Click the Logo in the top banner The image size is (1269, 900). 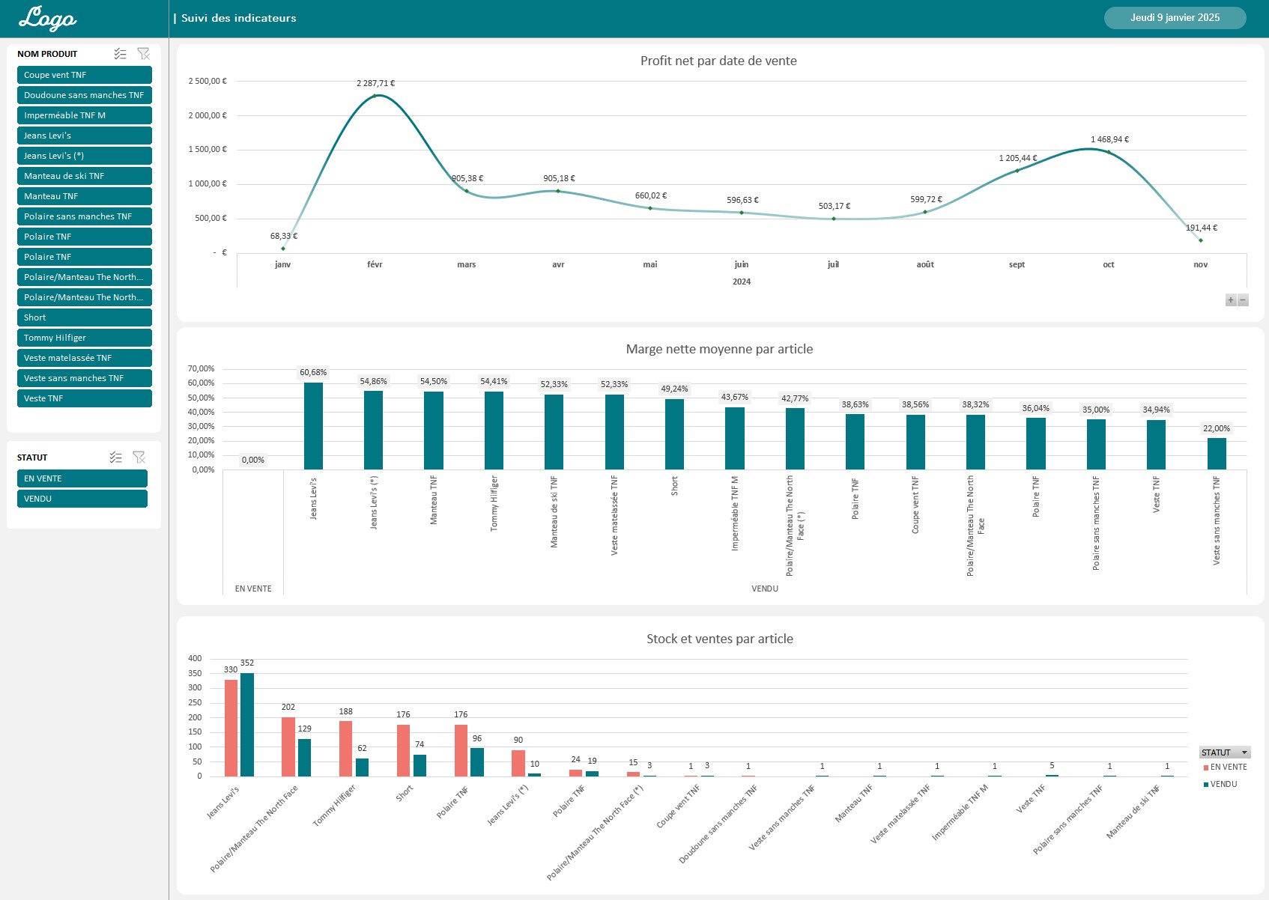(x=47, y=18)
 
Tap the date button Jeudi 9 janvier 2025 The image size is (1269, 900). (x=1175, y=18)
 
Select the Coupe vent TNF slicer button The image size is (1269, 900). (x=84, y=75)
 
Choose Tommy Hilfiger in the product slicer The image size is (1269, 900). (x=84, y=338)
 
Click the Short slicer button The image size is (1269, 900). (x=84, y=317)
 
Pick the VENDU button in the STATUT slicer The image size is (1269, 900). (x=82, y=499)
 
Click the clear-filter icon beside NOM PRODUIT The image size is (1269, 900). (x=144, y=54)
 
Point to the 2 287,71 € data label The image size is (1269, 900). (x=375, y=83)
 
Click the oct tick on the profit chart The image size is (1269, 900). (x=1108, y=264)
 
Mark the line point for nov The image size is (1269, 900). (x=1200, y=240)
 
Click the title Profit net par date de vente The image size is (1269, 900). (x=718, y=61)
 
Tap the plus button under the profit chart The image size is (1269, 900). (x=1230, y=300)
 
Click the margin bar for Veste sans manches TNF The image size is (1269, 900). (x=1216, y=454)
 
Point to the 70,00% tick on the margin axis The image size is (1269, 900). (x=201, y=368)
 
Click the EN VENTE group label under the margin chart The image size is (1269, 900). (x=253, y=589)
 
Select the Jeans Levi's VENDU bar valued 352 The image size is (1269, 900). (x=246, y=724)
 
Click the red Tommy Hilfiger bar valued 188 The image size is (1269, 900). (x=345, y=748)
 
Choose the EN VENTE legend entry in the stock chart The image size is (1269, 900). (x=1227, y=767)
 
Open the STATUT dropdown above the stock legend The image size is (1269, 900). (x=1244, y=752)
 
